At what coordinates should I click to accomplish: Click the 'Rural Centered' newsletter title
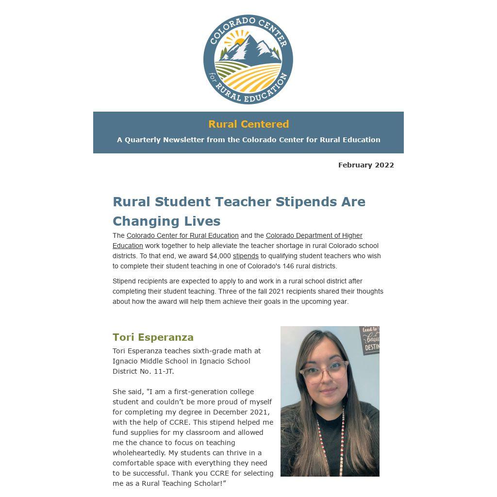click(x=248, y=124)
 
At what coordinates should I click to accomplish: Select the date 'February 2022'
click(x=366, y=165)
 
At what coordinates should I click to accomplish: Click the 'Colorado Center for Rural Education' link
click(x=182, y=235)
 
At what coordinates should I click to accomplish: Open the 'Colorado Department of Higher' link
click(x=314, y=235)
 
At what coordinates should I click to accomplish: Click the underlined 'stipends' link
click(x=246, y=256)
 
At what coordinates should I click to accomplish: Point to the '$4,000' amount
click(x=220, y=256)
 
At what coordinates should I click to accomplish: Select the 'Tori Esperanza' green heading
click(x=153, y=337)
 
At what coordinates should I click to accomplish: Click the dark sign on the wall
click(x=370, y=340)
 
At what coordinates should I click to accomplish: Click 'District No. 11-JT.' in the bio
click(x=143, y=371)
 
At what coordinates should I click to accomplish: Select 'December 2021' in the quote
click(x=241, y=412)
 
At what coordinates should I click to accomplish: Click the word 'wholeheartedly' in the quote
click(x=139, y=453)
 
